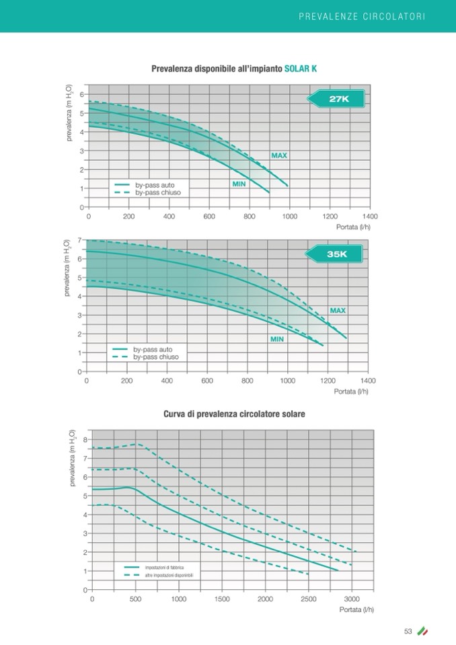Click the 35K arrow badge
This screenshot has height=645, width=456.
(x=335, y=254)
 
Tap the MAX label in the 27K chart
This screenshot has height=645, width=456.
(x=279, y=155)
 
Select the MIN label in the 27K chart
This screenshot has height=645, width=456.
(x=239, y=184)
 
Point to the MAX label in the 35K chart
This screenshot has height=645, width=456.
(x=338, y=311)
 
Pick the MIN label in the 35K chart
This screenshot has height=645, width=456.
(x=277, y=340)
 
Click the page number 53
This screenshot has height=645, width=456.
(x=408, y=631)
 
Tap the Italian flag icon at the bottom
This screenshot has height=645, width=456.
(x=422, y=631)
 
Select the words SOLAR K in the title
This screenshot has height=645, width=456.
(x=301, y=69)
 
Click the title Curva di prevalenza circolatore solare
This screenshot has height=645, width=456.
(x=234, y=414)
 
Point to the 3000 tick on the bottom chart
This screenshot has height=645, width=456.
(x=352, y=599)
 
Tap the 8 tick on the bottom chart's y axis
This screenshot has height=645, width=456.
(x=85, y=440)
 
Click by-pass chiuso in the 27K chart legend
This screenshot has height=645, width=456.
(x=158, y=192)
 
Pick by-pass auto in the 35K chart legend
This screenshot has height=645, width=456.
(x=153, y=350)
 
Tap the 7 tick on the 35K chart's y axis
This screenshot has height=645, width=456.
(x=79, y=240)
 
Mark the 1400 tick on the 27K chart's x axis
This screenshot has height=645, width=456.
(x=369, y=217)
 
